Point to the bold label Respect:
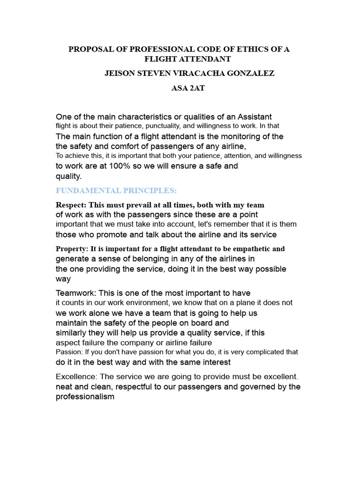click(x=71, y=205)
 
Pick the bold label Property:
click(x=72, y=248)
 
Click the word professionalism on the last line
click(x=85, y=397)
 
